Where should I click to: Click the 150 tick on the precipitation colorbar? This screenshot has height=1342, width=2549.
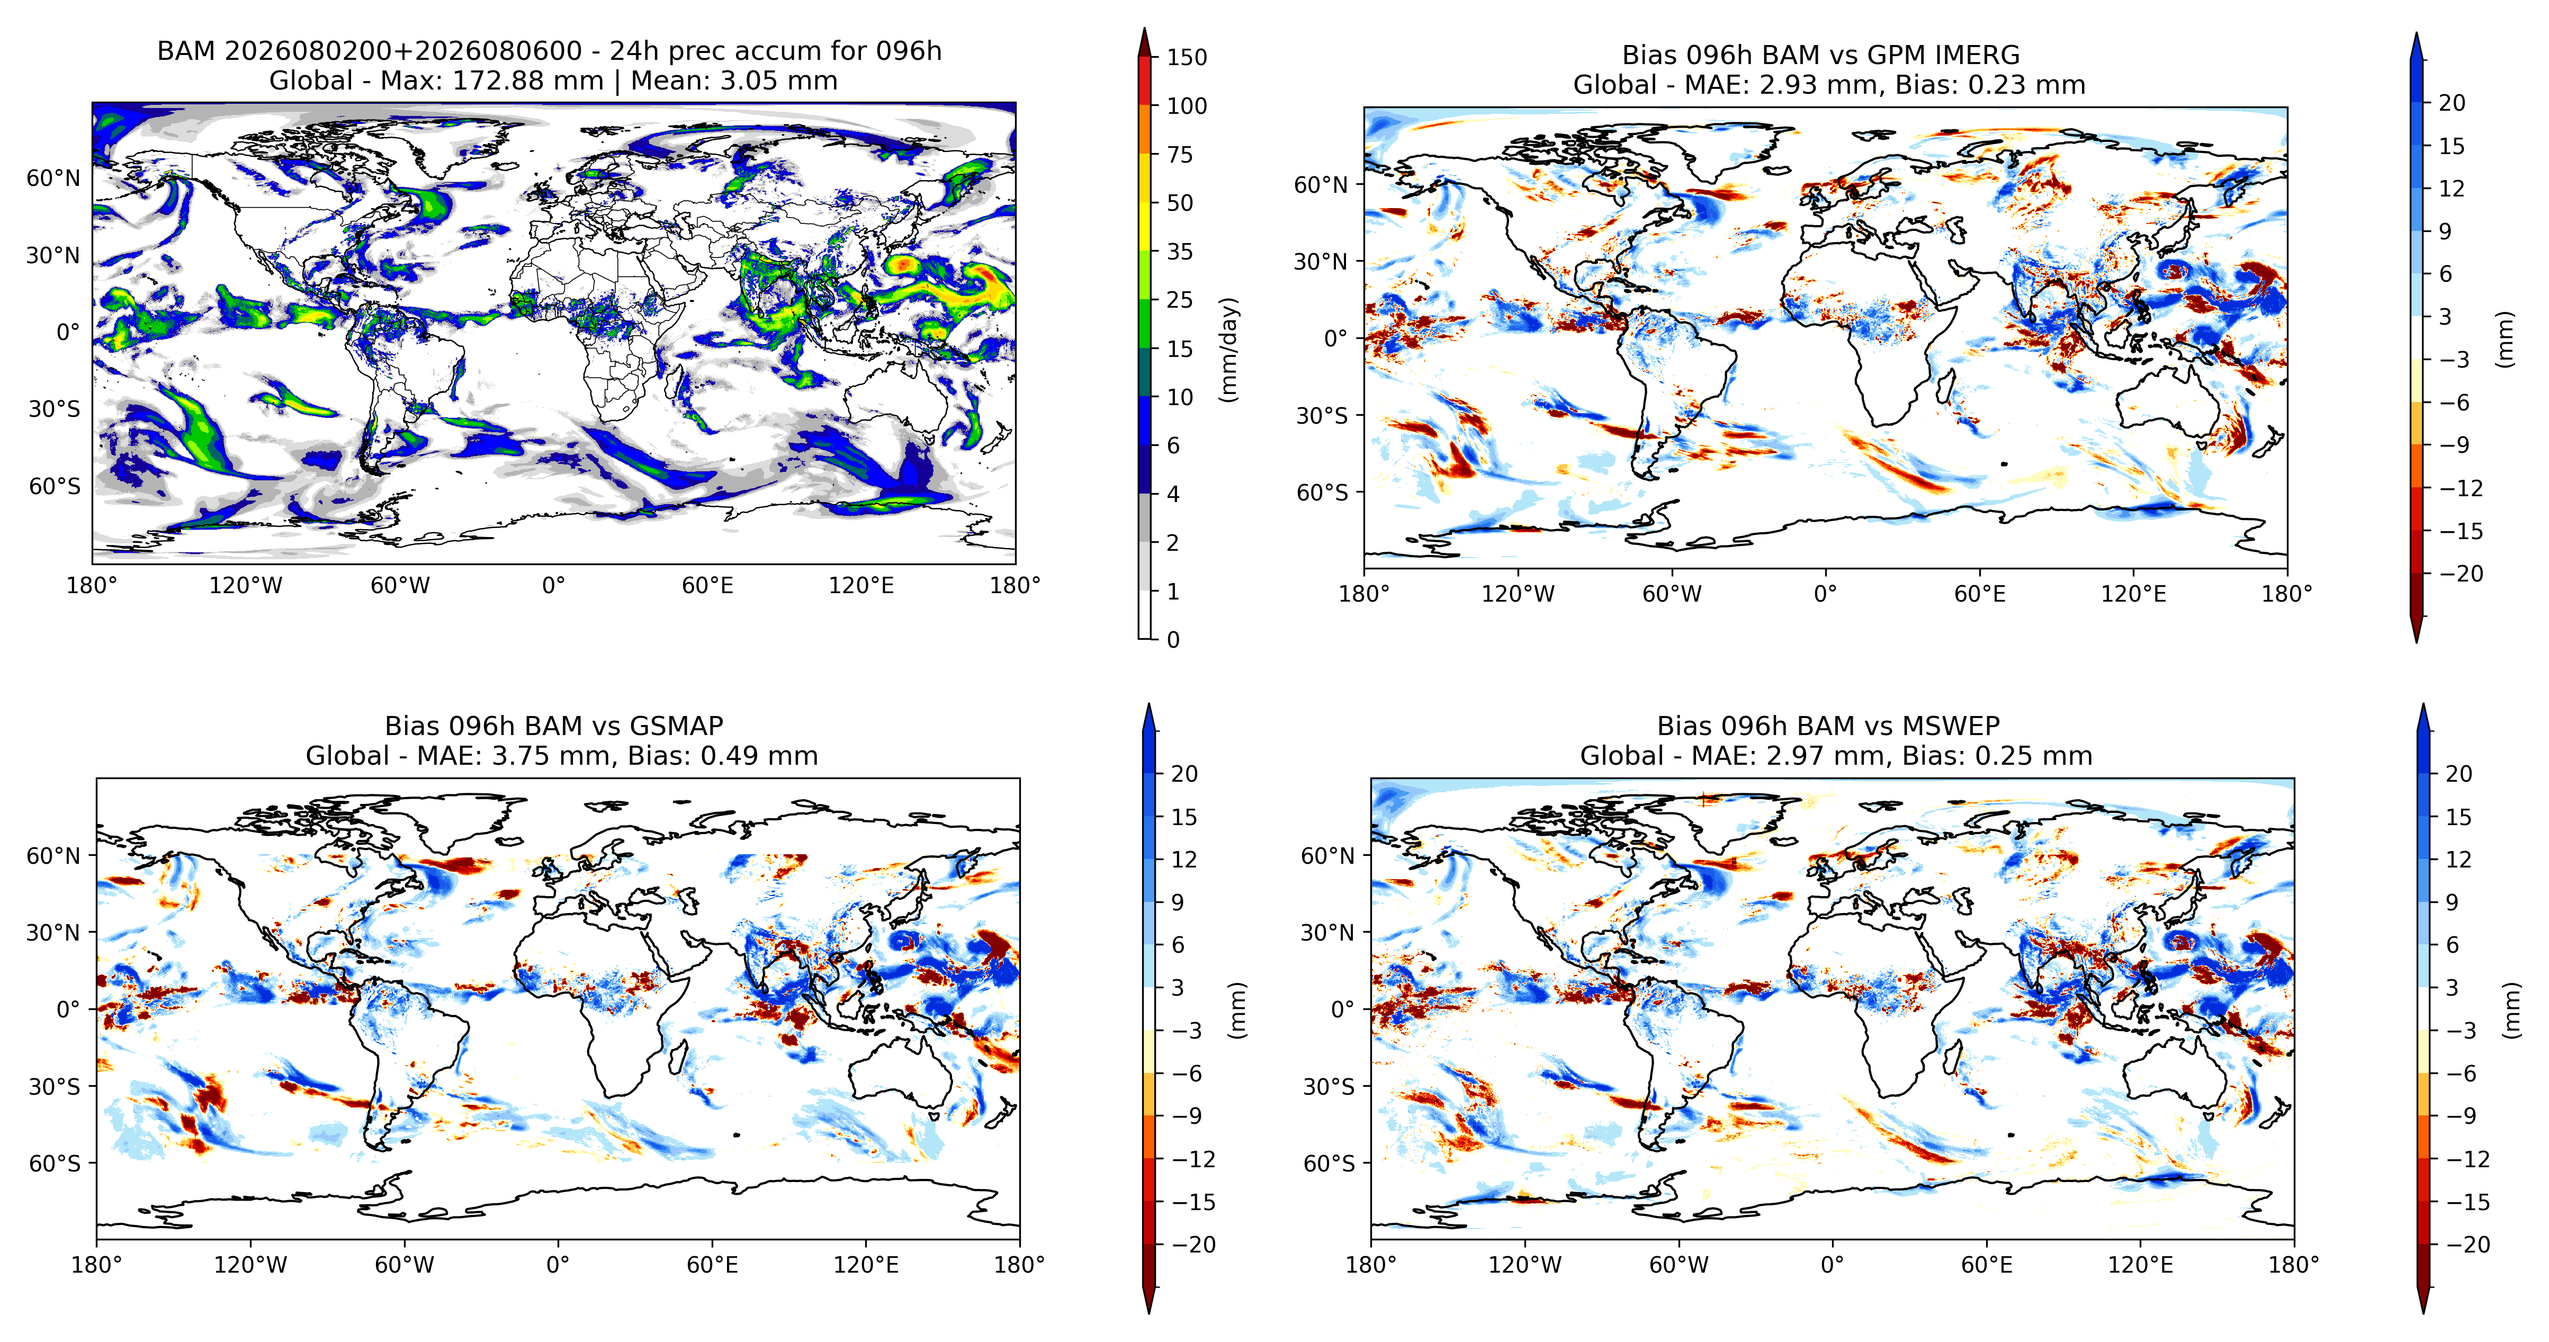pos(1187,57)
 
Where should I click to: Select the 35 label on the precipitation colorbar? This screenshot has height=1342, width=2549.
pos(1180,252)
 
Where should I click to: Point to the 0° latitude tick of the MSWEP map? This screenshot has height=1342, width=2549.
pos(1342,1009)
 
